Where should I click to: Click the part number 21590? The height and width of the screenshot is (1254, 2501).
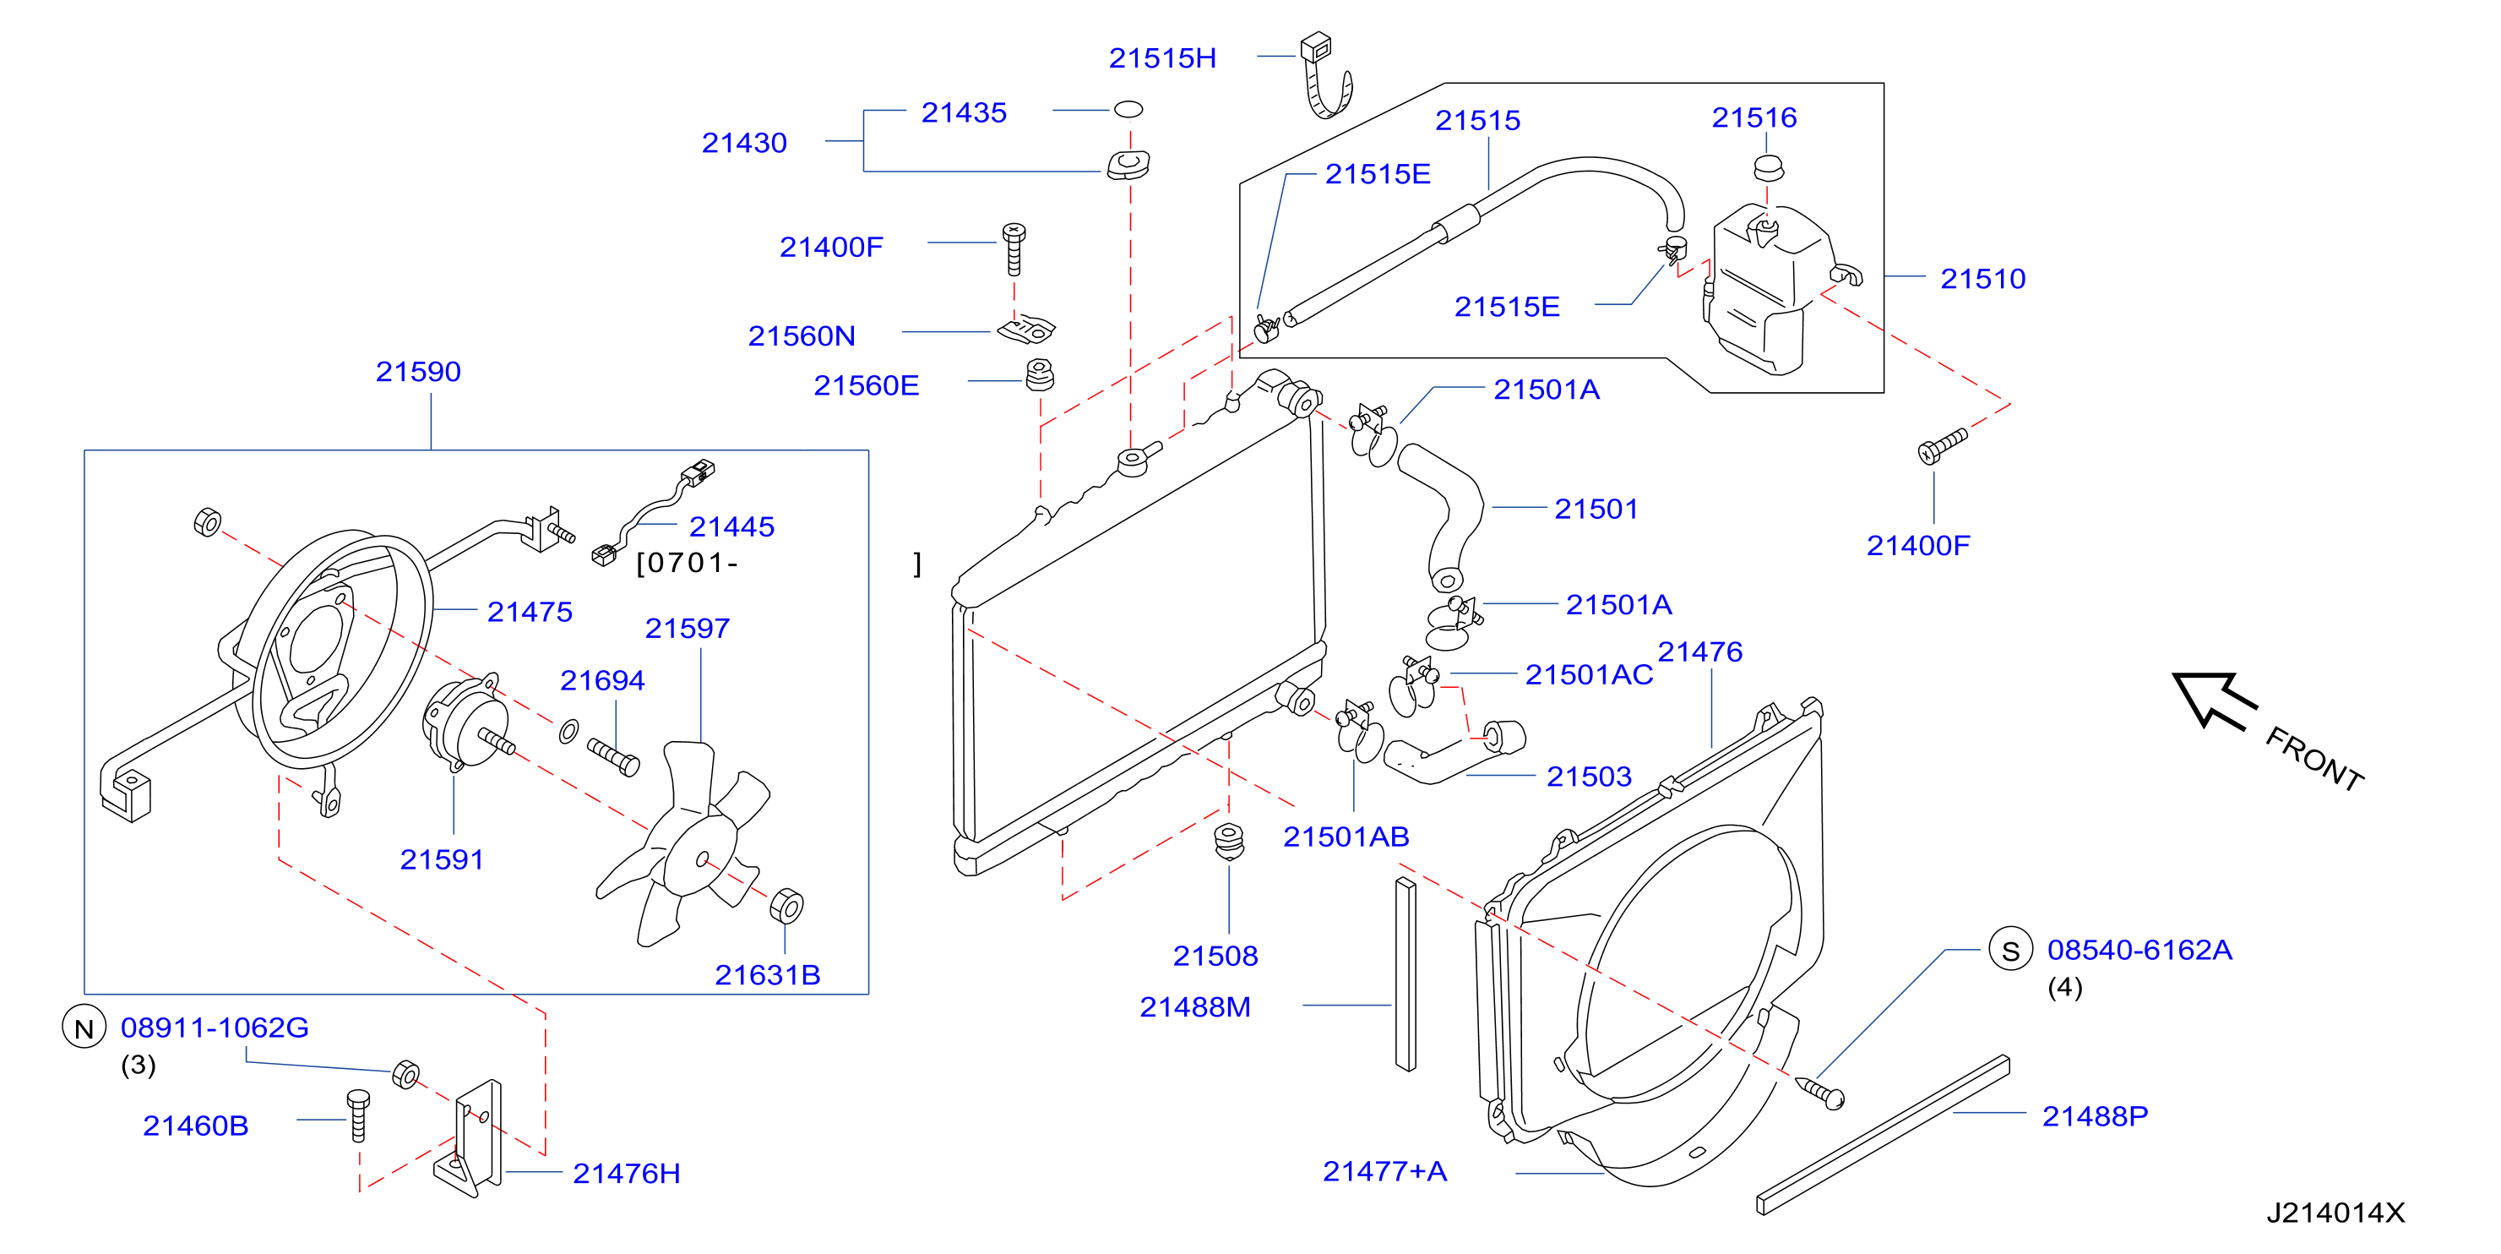417,371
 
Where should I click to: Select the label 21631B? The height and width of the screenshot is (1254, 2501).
767,974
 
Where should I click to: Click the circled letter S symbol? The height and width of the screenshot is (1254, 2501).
2011,950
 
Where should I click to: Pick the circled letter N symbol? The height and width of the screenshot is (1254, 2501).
84,1028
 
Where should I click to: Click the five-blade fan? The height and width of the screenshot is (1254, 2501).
684,844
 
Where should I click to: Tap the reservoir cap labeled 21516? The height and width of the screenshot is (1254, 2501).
1769,168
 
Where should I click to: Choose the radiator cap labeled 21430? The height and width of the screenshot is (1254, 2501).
1128,164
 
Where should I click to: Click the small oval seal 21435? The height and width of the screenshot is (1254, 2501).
1128,109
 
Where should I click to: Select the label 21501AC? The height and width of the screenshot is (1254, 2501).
1589,674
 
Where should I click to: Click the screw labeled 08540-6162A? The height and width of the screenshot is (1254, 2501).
1819,1093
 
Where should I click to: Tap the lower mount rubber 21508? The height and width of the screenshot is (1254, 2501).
1229,840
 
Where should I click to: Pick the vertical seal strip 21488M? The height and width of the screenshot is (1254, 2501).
1405,973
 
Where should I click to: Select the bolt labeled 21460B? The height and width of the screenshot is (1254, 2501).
357,1115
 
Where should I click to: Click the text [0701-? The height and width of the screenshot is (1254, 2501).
687,563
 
